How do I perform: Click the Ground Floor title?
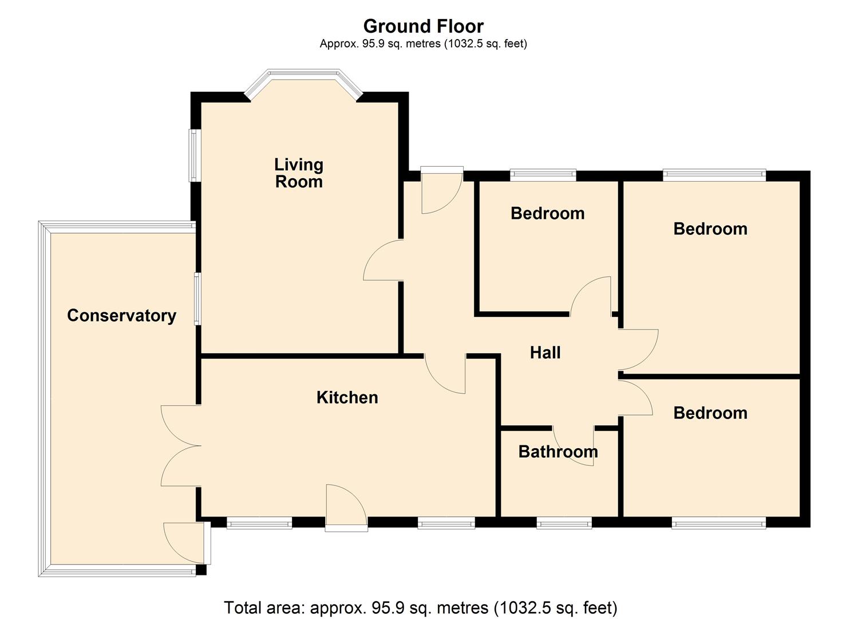click(x=424, y=26)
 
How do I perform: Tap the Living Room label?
click(x=299, y=173)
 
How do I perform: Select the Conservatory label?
click(x=122, y=315)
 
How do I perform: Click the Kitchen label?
click(x=347, y=397)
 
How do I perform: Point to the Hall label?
click(x=545, y=352)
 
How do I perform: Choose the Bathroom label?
click(x=558, y=452)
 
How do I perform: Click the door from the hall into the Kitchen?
click(x=445, y=374)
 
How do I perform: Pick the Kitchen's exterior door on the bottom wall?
click(x=346, y=508)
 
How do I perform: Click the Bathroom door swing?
click(x=573, y=446)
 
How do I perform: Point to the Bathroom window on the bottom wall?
click(x=564, y=524)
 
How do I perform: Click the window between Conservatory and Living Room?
click(x=197, y=299)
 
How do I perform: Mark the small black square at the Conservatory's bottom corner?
click(x=201, y=570)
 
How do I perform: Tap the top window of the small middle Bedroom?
click(x=543, y=174)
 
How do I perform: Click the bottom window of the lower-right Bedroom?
click(x=719, y=524)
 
